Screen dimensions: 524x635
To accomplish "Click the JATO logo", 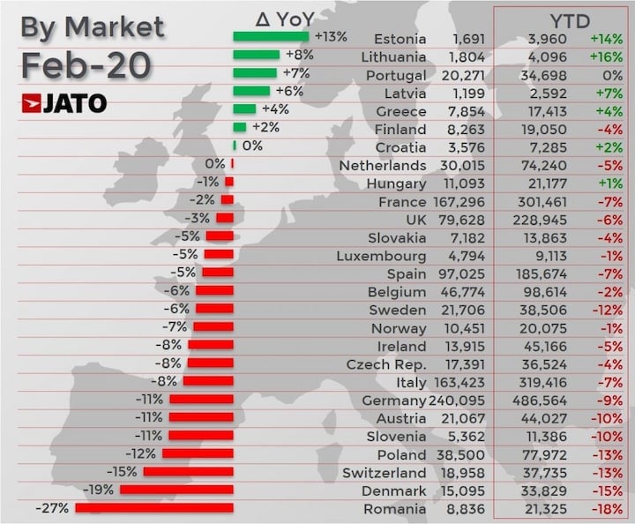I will (63, 103).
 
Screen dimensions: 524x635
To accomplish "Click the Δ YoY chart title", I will (285, 18).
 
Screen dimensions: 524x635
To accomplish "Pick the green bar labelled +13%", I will (271, 37).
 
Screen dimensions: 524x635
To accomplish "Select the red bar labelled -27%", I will (154, 508).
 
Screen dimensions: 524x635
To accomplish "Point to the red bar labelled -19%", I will (176, 490).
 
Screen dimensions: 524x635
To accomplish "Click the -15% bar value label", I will (122, 472).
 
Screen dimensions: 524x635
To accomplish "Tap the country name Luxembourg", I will (381, 256).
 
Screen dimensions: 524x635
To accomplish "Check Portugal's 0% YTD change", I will (615, 75).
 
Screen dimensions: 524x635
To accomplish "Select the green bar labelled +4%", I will (244, 109).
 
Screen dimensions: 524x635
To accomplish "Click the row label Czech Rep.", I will (386, 364).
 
